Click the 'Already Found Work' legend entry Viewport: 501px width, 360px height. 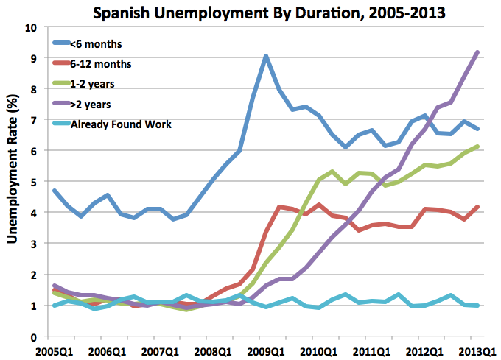(x=121, y=124)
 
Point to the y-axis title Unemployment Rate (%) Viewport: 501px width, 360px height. (x=13, y=181)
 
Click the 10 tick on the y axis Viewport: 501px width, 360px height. (x=30, y=27)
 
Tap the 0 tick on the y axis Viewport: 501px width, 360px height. (x=33, y=337)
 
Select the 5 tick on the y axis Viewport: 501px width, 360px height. (x=33, y=182)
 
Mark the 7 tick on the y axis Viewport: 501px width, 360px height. (x=33, y=120)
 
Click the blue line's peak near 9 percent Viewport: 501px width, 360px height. (x=266, y=56)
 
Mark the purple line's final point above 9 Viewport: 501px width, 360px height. (x=478, y=52)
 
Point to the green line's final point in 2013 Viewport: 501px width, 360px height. (x=478, y=147)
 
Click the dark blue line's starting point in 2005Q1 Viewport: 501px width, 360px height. (x=55, y=191)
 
